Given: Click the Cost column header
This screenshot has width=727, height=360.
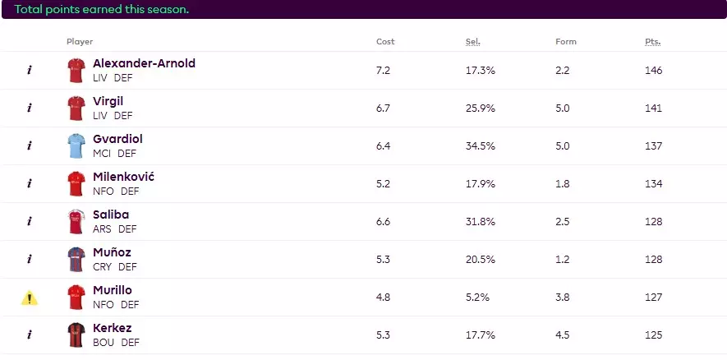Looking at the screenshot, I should pyautogui.click(x=385, y=42).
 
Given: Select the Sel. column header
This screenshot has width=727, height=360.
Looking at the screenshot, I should pyautogui.click(x=472, y=42).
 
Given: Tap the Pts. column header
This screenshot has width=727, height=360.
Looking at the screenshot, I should pyautogui.click(x=653, y=42).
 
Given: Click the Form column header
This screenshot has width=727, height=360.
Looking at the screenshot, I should pyautogui.click(x=566, y=42).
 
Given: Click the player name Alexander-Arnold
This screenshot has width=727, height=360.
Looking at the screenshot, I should pyautogui.click(x=144, y=63).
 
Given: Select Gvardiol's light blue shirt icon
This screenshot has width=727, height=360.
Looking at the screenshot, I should pyautogui.click(x=76, y=146).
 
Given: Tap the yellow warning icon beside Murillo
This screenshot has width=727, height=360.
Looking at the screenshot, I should pyautogui.click(x=30, y=298).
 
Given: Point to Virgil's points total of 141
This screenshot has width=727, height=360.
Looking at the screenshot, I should pyautogui.click(x=654, y=108).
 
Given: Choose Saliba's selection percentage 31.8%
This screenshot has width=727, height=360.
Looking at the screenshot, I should pyautogui.click(x=481, y=222).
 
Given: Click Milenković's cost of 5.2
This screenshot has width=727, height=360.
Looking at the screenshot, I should pyautogui.click(x=383, y=184).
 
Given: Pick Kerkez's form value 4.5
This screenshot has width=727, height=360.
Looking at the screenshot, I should pyautogui.click(x=563, y=335).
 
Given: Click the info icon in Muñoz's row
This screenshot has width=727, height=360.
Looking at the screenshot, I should pyautogui.click(x=30, y=260).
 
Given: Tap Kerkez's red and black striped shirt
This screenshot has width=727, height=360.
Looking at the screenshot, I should pyautogui.click(x=76, y=335).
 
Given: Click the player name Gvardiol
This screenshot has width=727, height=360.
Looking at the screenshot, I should pyautogui.click(x=117, y=139).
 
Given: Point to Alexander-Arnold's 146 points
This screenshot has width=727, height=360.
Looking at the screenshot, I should pyautogui.click(x=654, y=71).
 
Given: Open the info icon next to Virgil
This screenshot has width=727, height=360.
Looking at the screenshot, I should pyautogui.click(x=30, y=108).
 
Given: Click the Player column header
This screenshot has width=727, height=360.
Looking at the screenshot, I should pyautogui.click(x=80, y=42).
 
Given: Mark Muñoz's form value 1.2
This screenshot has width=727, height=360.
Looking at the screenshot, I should pyautogui.click(x=563, y=260).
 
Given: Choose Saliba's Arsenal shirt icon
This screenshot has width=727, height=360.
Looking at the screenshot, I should pyautogui.click(x=76, y=222).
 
